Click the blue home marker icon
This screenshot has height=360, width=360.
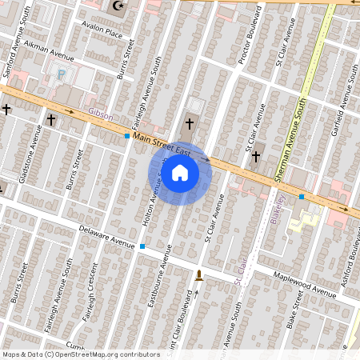180,173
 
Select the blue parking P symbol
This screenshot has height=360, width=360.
62,74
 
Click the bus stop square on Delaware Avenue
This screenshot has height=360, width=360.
142,246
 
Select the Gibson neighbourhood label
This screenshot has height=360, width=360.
101,115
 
